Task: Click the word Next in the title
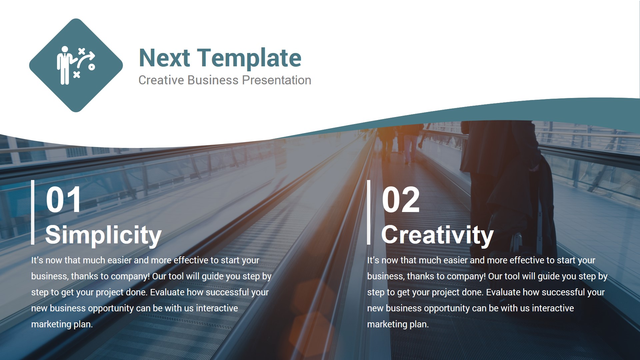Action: pyautogui.click(x=164, y=58)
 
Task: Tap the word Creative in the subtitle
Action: pyautogui.click(x=161, y=80)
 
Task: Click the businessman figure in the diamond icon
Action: pyautogui.click(x=64, y=65)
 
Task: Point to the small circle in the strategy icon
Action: pyautogui.click(x=92, y=67)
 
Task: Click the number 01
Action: pyautogui.click(x=63, y=200)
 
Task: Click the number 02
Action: pyautogui.click(x=400, y=200)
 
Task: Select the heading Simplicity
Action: pyautogui.click(x=103, y=235)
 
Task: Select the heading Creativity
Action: pyautogui.click(x=437, y=235)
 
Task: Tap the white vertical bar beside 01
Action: pyautogui.click(x=33, y=212)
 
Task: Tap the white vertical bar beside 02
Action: pyautogui.click(x=369, y=212)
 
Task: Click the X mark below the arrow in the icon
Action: pyautogui.click(x=77, y=74)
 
